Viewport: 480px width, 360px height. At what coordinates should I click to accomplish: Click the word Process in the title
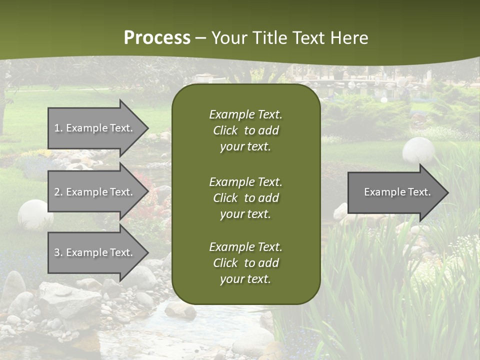click(157, 38)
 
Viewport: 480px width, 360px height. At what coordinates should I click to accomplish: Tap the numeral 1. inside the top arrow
click(58, 128)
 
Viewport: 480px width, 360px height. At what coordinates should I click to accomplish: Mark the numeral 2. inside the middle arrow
click(58, 192)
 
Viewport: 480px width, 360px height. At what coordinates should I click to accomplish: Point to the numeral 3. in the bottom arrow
click(58, 252)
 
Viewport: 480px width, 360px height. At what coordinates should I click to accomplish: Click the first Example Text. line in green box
click(245, 114)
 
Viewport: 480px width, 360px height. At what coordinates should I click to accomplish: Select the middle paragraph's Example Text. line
click(245, 181)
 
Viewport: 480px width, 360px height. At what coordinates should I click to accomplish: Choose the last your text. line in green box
click(245, 279)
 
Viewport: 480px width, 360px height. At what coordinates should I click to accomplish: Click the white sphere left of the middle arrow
click(35, 214)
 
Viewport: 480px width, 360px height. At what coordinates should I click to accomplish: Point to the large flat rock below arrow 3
click(70, 300)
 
